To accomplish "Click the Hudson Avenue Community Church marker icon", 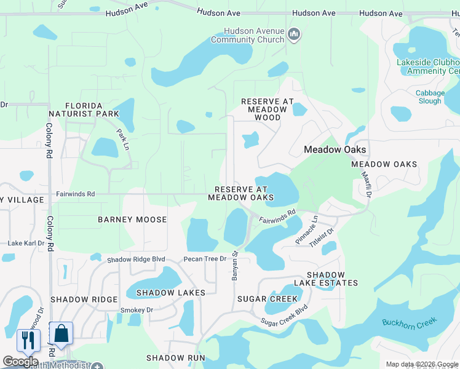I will [293, 34].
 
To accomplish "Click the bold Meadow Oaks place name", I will [335, 149].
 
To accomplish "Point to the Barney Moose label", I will [132, 220].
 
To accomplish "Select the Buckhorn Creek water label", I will [409, 322].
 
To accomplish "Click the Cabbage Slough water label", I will [429, 97].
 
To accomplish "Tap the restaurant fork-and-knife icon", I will [28, 339].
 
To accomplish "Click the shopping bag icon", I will [61, 333].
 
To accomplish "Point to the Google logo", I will [20, 362].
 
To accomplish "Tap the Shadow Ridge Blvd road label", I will [136, 260].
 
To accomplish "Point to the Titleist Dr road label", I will [321, 237].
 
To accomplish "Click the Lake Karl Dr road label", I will [26, 244].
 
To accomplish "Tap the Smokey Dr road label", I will [137, 310].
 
